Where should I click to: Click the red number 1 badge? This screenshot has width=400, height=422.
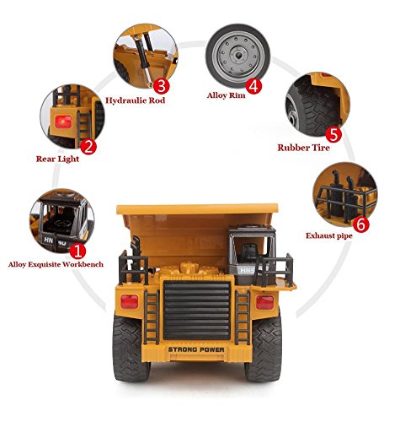(x=77, y=252)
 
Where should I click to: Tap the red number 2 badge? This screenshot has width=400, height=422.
(x=88, y=147)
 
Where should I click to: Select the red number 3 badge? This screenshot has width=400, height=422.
(x=162, y=86)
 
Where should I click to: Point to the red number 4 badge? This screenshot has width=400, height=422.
(x=253, y=86)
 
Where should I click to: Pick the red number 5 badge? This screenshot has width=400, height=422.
(x=333, y=134)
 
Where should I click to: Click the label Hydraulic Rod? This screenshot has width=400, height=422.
(x=135, y=100)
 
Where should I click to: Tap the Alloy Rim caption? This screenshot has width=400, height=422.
(x=226, y=95)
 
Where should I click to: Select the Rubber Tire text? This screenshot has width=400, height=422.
(x=303, y=148)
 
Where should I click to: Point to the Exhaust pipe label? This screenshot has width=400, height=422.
(x=329, y=235)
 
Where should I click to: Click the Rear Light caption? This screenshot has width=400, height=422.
(x=57, y=159)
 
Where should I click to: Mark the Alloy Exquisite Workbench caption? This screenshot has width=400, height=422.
(x=56, y=264)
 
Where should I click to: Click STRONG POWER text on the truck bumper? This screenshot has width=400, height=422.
(x=196, y=349)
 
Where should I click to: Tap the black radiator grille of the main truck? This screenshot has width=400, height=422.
(x=197, y=310)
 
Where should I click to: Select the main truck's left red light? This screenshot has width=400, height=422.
(x=130, y=301)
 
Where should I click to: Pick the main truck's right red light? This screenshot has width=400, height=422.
(x=264, y=302)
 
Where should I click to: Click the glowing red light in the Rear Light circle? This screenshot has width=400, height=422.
(x=63, y=122)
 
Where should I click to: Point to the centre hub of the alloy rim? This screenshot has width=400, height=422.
(x=237, y=56)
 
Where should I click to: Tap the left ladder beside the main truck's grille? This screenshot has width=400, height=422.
(x=152, y=317)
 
